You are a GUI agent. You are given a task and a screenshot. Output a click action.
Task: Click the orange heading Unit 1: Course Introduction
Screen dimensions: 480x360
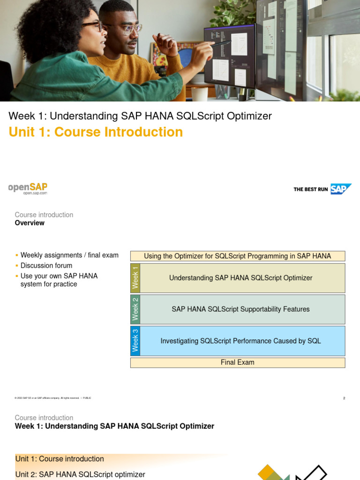pos(96,132)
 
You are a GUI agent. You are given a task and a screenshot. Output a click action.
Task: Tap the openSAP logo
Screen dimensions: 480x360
pos(28,188)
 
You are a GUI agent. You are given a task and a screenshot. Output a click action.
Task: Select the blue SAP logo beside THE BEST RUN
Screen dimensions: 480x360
pos(341,189)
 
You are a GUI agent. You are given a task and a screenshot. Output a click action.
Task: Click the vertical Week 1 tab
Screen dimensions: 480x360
pos(135,278)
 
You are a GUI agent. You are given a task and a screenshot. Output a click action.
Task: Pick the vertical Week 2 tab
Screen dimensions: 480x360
pos(135,309)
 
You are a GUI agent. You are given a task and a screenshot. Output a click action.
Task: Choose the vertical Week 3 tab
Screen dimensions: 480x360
pos(135,341)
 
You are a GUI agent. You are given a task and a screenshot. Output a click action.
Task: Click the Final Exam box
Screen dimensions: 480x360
pos(237,362)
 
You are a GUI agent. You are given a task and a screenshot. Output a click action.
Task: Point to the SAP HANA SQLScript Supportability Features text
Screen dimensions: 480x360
pos(240,309)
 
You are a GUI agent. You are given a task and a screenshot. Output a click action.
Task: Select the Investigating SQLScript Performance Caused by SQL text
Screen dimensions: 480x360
pos(240,341)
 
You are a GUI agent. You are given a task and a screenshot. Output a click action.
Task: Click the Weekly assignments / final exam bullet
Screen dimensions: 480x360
pos(69,255)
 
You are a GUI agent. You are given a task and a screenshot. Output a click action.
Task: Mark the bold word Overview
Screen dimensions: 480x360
pos(30,223)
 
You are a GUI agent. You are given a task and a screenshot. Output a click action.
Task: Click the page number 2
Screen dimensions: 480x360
pos(344,398)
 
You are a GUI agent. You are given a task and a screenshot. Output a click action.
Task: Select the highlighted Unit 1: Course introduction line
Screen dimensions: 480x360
pos(60,459)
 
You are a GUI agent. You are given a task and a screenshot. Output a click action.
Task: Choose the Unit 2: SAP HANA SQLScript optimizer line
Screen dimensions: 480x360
pos(80,474)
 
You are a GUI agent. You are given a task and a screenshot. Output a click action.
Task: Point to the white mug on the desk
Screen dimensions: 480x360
pos(199,94)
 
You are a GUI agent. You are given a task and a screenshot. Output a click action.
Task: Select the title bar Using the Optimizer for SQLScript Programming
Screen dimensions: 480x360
pos(237,256)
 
